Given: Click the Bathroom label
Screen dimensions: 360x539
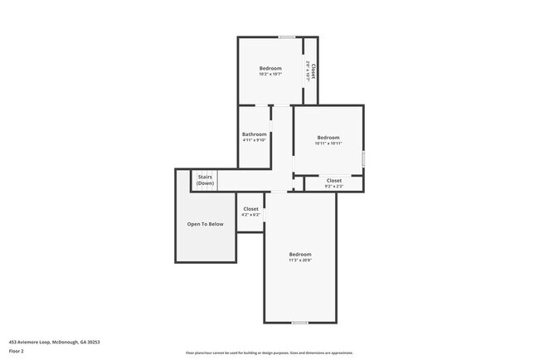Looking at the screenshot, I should coord(255,134).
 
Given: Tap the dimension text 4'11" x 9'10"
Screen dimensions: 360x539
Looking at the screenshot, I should coord(255,140).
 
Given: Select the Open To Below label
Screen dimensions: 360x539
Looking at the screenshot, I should coord(205,224).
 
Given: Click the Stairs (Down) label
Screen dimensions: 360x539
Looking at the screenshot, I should coord(205,179).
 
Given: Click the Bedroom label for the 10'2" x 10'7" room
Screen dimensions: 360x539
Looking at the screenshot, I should coord(270,68).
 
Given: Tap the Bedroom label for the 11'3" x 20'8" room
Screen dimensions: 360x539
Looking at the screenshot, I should coord(300,254).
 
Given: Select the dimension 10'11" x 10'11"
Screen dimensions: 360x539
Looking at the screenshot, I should coord(328,144).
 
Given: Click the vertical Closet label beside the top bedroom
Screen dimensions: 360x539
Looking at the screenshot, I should coord(313,71).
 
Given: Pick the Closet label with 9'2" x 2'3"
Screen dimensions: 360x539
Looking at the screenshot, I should coord(334,180).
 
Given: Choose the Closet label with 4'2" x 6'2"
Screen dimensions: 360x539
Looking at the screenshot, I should coord(250,209).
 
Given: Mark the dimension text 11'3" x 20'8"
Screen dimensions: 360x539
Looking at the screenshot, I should coord(300,260).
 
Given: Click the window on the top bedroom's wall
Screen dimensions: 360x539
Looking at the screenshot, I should coord(287,36).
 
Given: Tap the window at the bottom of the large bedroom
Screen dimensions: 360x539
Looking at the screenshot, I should coord(300,323).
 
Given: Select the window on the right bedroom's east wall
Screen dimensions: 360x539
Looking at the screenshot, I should coord(363,158).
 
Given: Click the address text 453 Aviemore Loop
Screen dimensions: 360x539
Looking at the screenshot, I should coord(49,341).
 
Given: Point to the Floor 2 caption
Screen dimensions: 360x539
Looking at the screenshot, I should coord(17,351).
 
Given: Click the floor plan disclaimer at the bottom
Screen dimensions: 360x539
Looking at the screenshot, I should coord(269,353).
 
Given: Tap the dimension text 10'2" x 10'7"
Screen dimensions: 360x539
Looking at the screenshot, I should coord(270,74).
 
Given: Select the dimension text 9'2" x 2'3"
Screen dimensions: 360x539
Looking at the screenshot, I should coord(334,186).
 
